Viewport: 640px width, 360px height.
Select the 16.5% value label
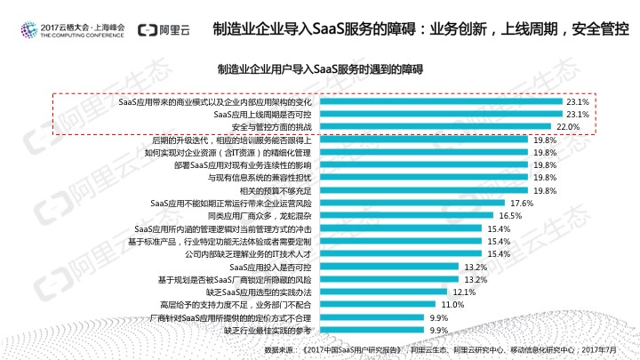(509, 216)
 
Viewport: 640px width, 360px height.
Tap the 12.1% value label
(464, 292)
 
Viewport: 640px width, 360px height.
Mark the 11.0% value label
(452, 304)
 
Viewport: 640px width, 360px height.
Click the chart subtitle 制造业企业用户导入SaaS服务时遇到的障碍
(320, 68)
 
